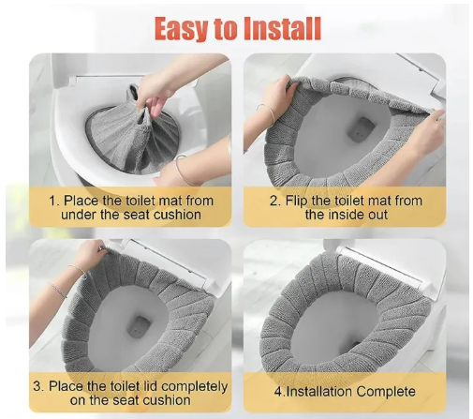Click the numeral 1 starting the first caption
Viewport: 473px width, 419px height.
[x=53, y=201]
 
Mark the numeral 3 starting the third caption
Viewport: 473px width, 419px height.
[x=37, y=386]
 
